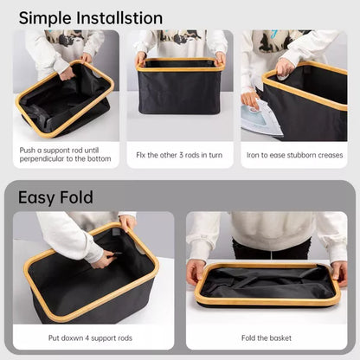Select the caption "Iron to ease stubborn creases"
pos(294,155)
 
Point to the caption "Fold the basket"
pos(266,337)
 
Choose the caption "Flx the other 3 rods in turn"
pos(180,155)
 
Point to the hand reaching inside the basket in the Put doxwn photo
pos(104,258)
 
